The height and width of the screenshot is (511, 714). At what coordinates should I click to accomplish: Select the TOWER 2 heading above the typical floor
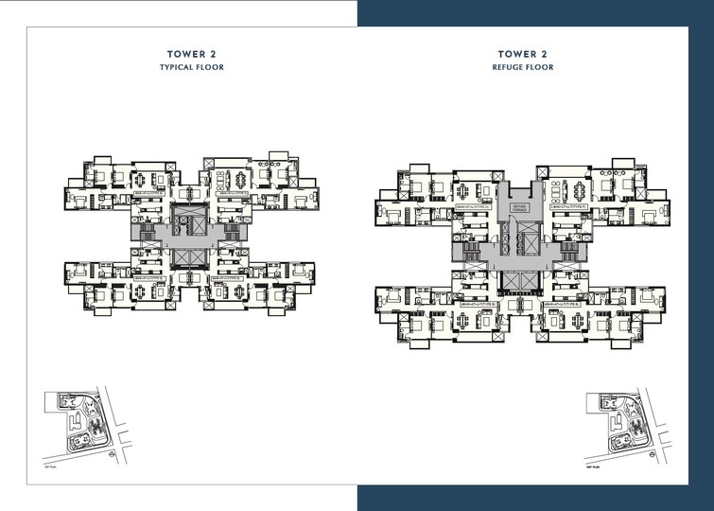click(190, 56)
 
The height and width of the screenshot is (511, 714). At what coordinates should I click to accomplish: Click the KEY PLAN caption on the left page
click(51, 468)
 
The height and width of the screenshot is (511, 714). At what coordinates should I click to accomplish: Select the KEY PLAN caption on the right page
click(594, 468)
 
